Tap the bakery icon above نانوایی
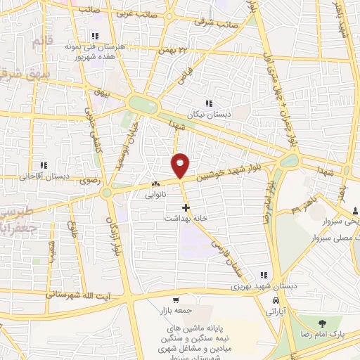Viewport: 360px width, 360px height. [x=155, y=184]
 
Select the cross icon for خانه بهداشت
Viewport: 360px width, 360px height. [x=186, y=207]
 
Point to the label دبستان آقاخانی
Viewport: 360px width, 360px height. [x=44, y=176]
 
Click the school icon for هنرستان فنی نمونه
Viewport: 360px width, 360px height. [x=93, y=36]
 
